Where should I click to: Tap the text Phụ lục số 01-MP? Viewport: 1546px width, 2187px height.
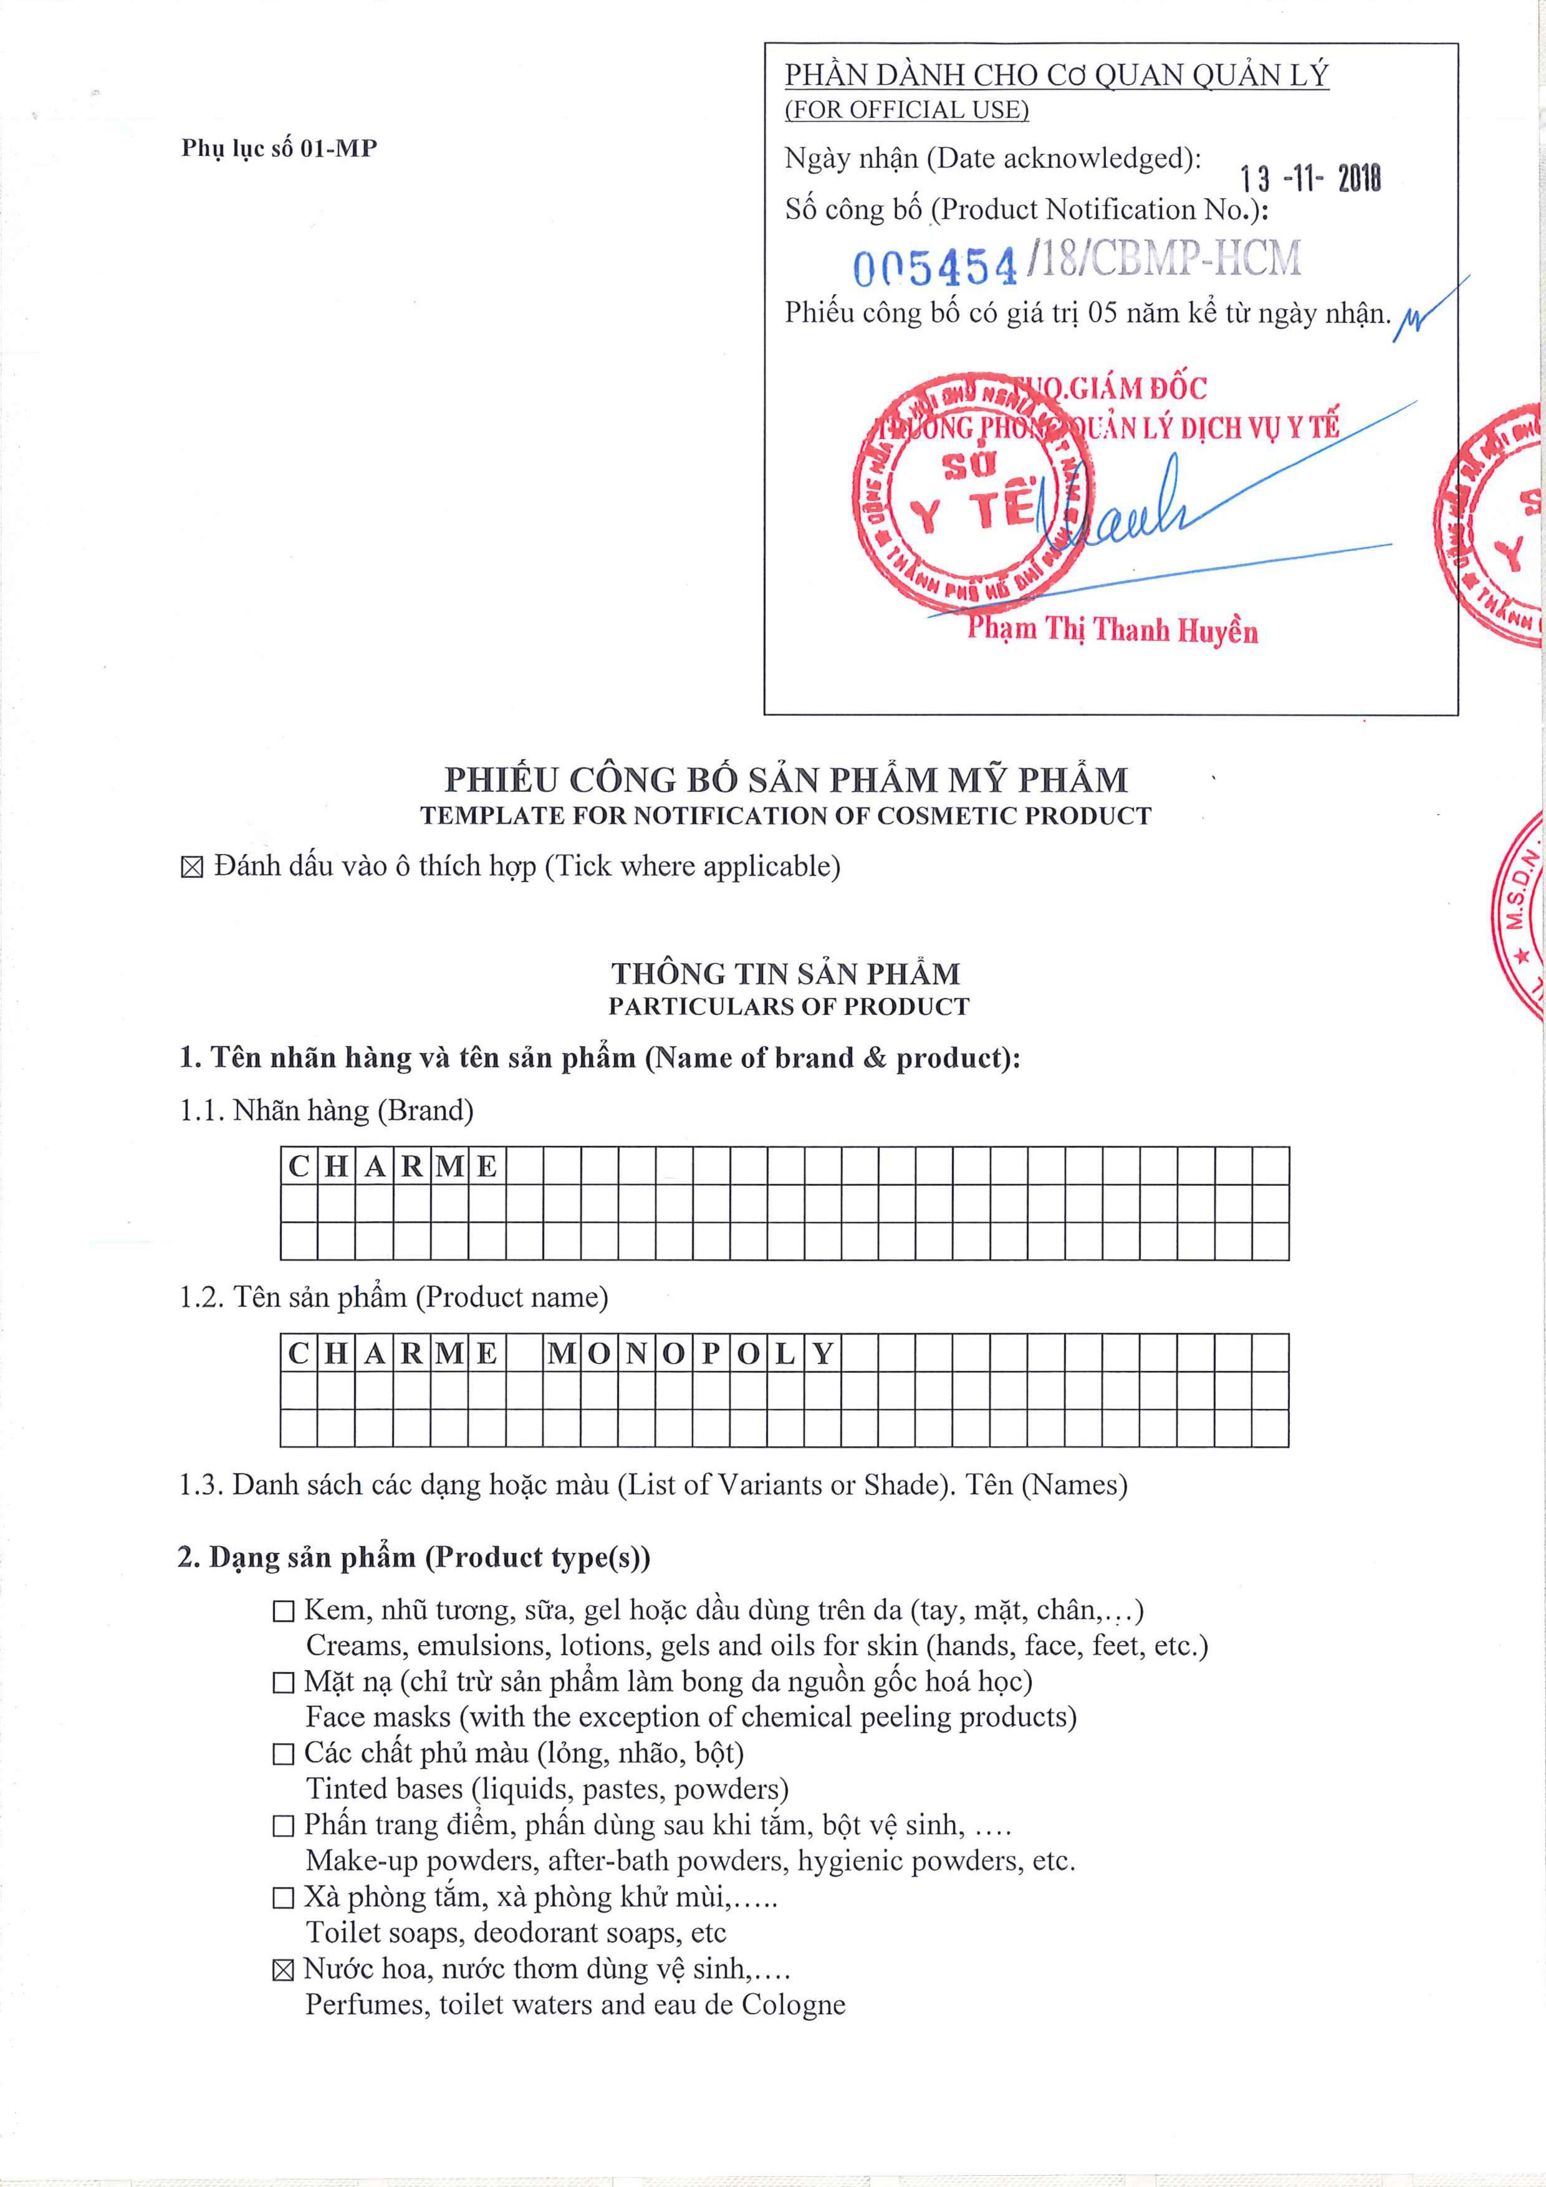coord(279,148)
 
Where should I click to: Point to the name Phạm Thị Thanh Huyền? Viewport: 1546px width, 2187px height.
coord(1111,630)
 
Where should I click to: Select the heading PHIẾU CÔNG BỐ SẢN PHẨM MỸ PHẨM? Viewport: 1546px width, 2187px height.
coord(786,779)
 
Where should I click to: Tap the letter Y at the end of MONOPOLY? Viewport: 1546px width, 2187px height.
coord(823,1353)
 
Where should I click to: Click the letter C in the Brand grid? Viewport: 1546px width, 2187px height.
coord(299,1166)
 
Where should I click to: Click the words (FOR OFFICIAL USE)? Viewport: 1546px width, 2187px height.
coord(906,110)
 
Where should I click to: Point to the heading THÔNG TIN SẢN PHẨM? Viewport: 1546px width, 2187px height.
coord(786,973)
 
